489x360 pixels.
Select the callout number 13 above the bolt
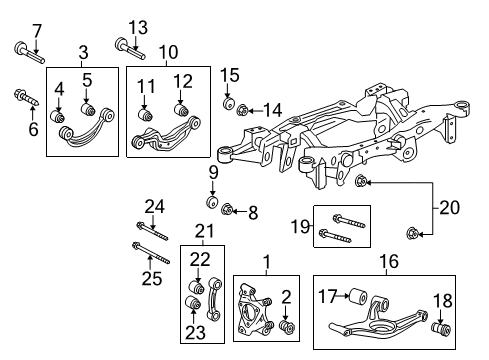137,26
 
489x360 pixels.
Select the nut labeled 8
229,209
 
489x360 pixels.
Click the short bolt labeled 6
21,97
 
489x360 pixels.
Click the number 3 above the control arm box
84,51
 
